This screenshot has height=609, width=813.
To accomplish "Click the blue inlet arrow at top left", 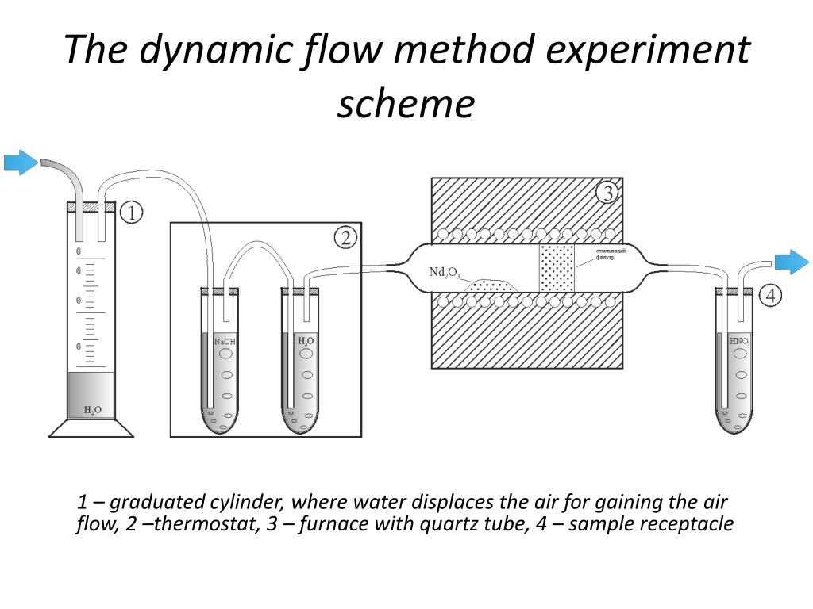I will point(21,163).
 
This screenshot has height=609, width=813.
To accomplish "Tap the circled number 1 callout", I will point(132,213).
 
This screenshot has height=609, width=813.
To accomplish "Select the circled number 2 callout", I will point(345,237).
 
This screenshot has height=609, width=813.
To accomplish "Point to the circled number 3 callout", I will point(607,193).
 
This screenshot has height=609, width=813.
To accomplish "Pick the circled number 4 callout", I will point(770,297).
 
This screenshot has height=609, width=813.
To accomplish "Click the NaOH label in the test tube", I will point(225,341).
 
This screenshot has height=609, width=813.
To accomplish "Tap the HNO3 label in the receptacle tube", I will point(740,341).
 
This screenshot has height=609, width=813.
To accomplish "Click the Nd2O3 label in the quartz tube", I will point(444,273).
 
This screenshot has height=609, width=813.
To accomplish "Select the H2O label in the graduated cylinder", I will point(93,410).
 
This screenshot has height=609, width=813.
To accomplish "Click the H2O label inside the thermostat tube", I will point(306,341).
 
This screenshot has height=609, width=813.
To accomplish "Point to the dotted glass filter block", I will point(557,268).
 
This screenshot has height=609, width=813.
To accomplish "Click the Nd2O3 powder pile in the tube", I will point(492,285).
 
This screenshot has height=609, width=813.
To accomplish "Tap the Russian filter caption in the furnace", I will point(611,254).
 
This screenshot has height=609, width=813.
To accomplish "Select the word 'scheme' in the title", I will point(406,104).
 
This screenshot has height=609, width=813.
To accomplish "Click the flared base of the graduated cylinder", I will point(91,427).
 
